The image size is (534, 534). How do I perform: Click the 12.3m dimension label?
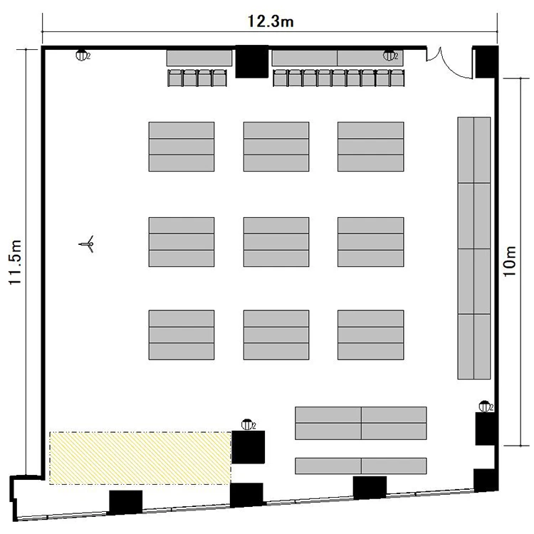click(271, 21)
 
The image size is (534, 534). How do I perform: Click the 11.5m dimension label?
click(16, 262)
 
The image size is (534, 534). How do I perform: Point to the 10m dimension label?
click(510, 261)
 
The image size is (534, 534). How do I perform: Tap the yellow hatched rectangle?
click(141, 458)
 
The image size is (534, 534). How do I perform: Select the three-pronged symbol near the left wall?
click(87, 244)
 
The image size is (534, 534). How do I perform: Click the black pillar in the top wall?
click(252, 62)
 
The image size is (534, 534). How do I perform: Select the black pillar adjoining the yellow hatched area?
click(248, 447)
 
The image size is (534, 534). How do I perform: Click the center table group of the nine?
click(276, 242)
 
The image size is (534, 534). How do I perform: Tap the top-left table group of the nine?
click(182, 147)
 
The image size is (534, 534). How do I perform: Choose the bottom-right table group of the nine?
click(371, 335)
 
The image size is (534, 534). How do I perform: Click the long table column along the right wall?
click(474, 248)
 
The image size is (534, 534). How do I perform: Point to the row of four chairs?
click(197, 78)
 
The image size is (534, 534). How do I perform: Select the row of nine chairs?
click(339, 78)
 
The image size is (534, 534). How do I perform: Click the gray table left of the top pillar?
click(199, 58)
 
